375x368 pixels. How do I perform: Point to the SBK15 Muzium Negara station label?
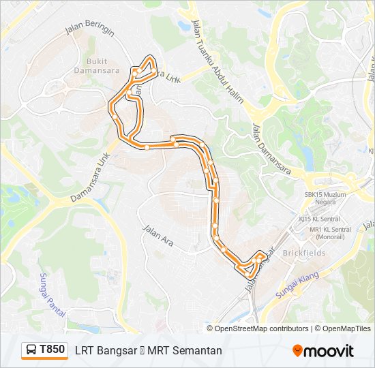tap(325, 198)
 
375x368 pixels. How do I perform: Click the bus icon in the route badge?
tap(31, 350)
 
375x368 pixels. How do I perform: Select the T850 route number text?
tap(52, 350)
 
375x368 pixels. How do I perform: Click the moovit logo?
tap(323, 350)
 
